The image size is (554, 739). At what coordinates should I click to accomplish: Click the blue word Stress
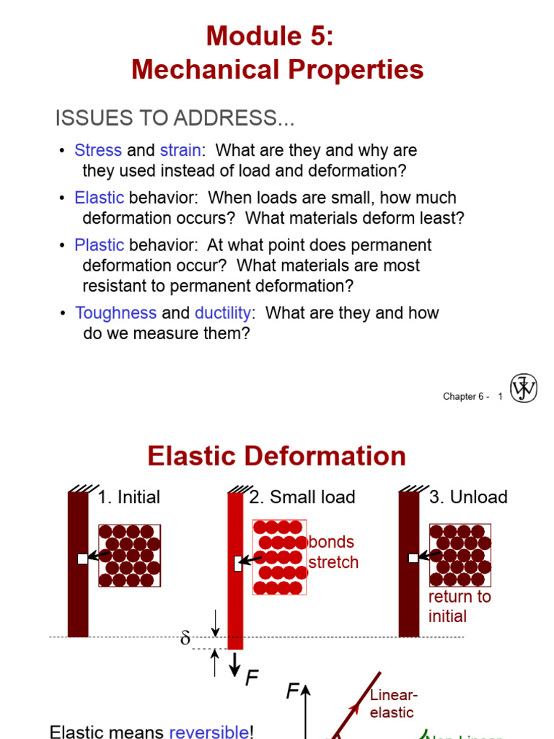click(x=97, y=151)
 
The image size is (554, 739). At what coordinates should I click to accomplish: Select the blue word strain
click(x=180, y=151)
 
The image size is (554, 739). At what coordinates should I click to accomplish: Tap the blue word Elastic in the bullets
click(x=99, y=198)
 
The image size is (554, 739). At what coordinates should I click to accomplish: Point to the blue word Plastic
click(x=99, y=245)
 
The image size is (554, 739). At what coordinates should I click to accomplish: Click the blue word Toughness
click(x=115, y=313)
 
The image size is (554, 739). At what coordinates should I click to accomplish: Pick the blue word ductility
click(x=223, y=313)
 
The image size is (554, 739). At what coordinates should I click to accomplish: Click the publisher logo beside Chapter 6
click(x=524, y=389)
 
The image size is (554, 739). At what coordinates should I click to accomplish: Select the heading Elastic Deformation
click(x=276, y=456)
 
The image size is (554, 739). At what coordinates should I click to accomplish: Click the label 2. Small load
click(x=302, y=497)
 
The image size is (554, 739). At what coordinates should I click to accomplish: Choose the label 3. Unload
click(x=468, y=497)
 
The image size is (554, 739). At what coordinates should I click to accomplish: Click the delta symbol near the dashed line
click(x=185, y=639)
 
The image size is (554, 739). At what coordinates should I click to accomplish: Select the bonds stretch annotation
click(x=333, y=552)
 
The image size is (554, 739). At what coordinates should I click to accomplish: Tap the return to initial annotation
click(x=459, y=606)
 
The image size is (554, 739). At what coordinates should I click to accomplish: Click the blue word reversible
click(x=208, y=732)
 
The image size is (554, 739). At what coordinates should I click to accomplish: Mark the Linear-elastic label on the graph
click(x=393, y=704)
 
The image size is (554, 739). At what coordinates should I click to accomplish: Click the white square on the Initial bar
click(x=82, y=559)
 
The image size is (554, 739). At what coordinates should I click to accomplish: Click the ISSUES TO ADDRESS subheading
click(x=175, y=118)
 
